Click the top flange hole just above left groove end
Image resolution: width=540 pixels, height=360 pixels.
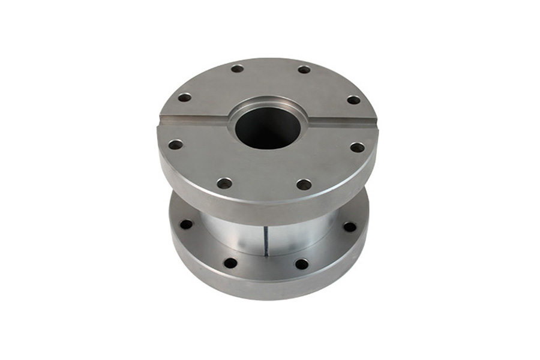click(x=185, y=97)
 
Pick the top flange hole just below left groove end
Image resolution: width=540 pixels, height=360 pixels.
click(x=175, y=145)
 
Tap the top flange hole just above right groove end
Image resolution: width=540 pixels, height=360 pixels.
click(x=354, y=100)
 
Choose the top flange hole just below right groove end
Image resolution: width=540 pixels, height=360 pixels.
click(x=357, y=147)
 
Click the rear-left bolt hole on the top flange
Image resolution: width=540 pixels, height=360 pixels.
click(x=238, y=68)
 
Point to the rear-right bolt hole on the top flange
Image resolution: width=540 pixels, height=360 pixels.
click(x=304, y=70)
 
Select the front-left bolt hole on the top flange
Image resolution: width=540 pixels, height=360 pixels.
click(x=224, y=183)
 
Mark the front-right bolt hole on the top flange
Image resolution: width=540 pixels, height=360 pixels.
click(x=304, y=184)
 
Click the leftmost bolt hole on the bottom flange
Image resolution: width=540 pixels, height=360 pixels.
click(x=187, y=224)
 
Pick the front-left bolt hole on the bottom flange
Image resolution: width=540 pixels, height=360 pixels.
click(x=230, y=263)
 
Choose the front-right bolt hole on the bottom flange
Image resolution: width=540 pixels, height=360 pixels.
click(x=302, y=264)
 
